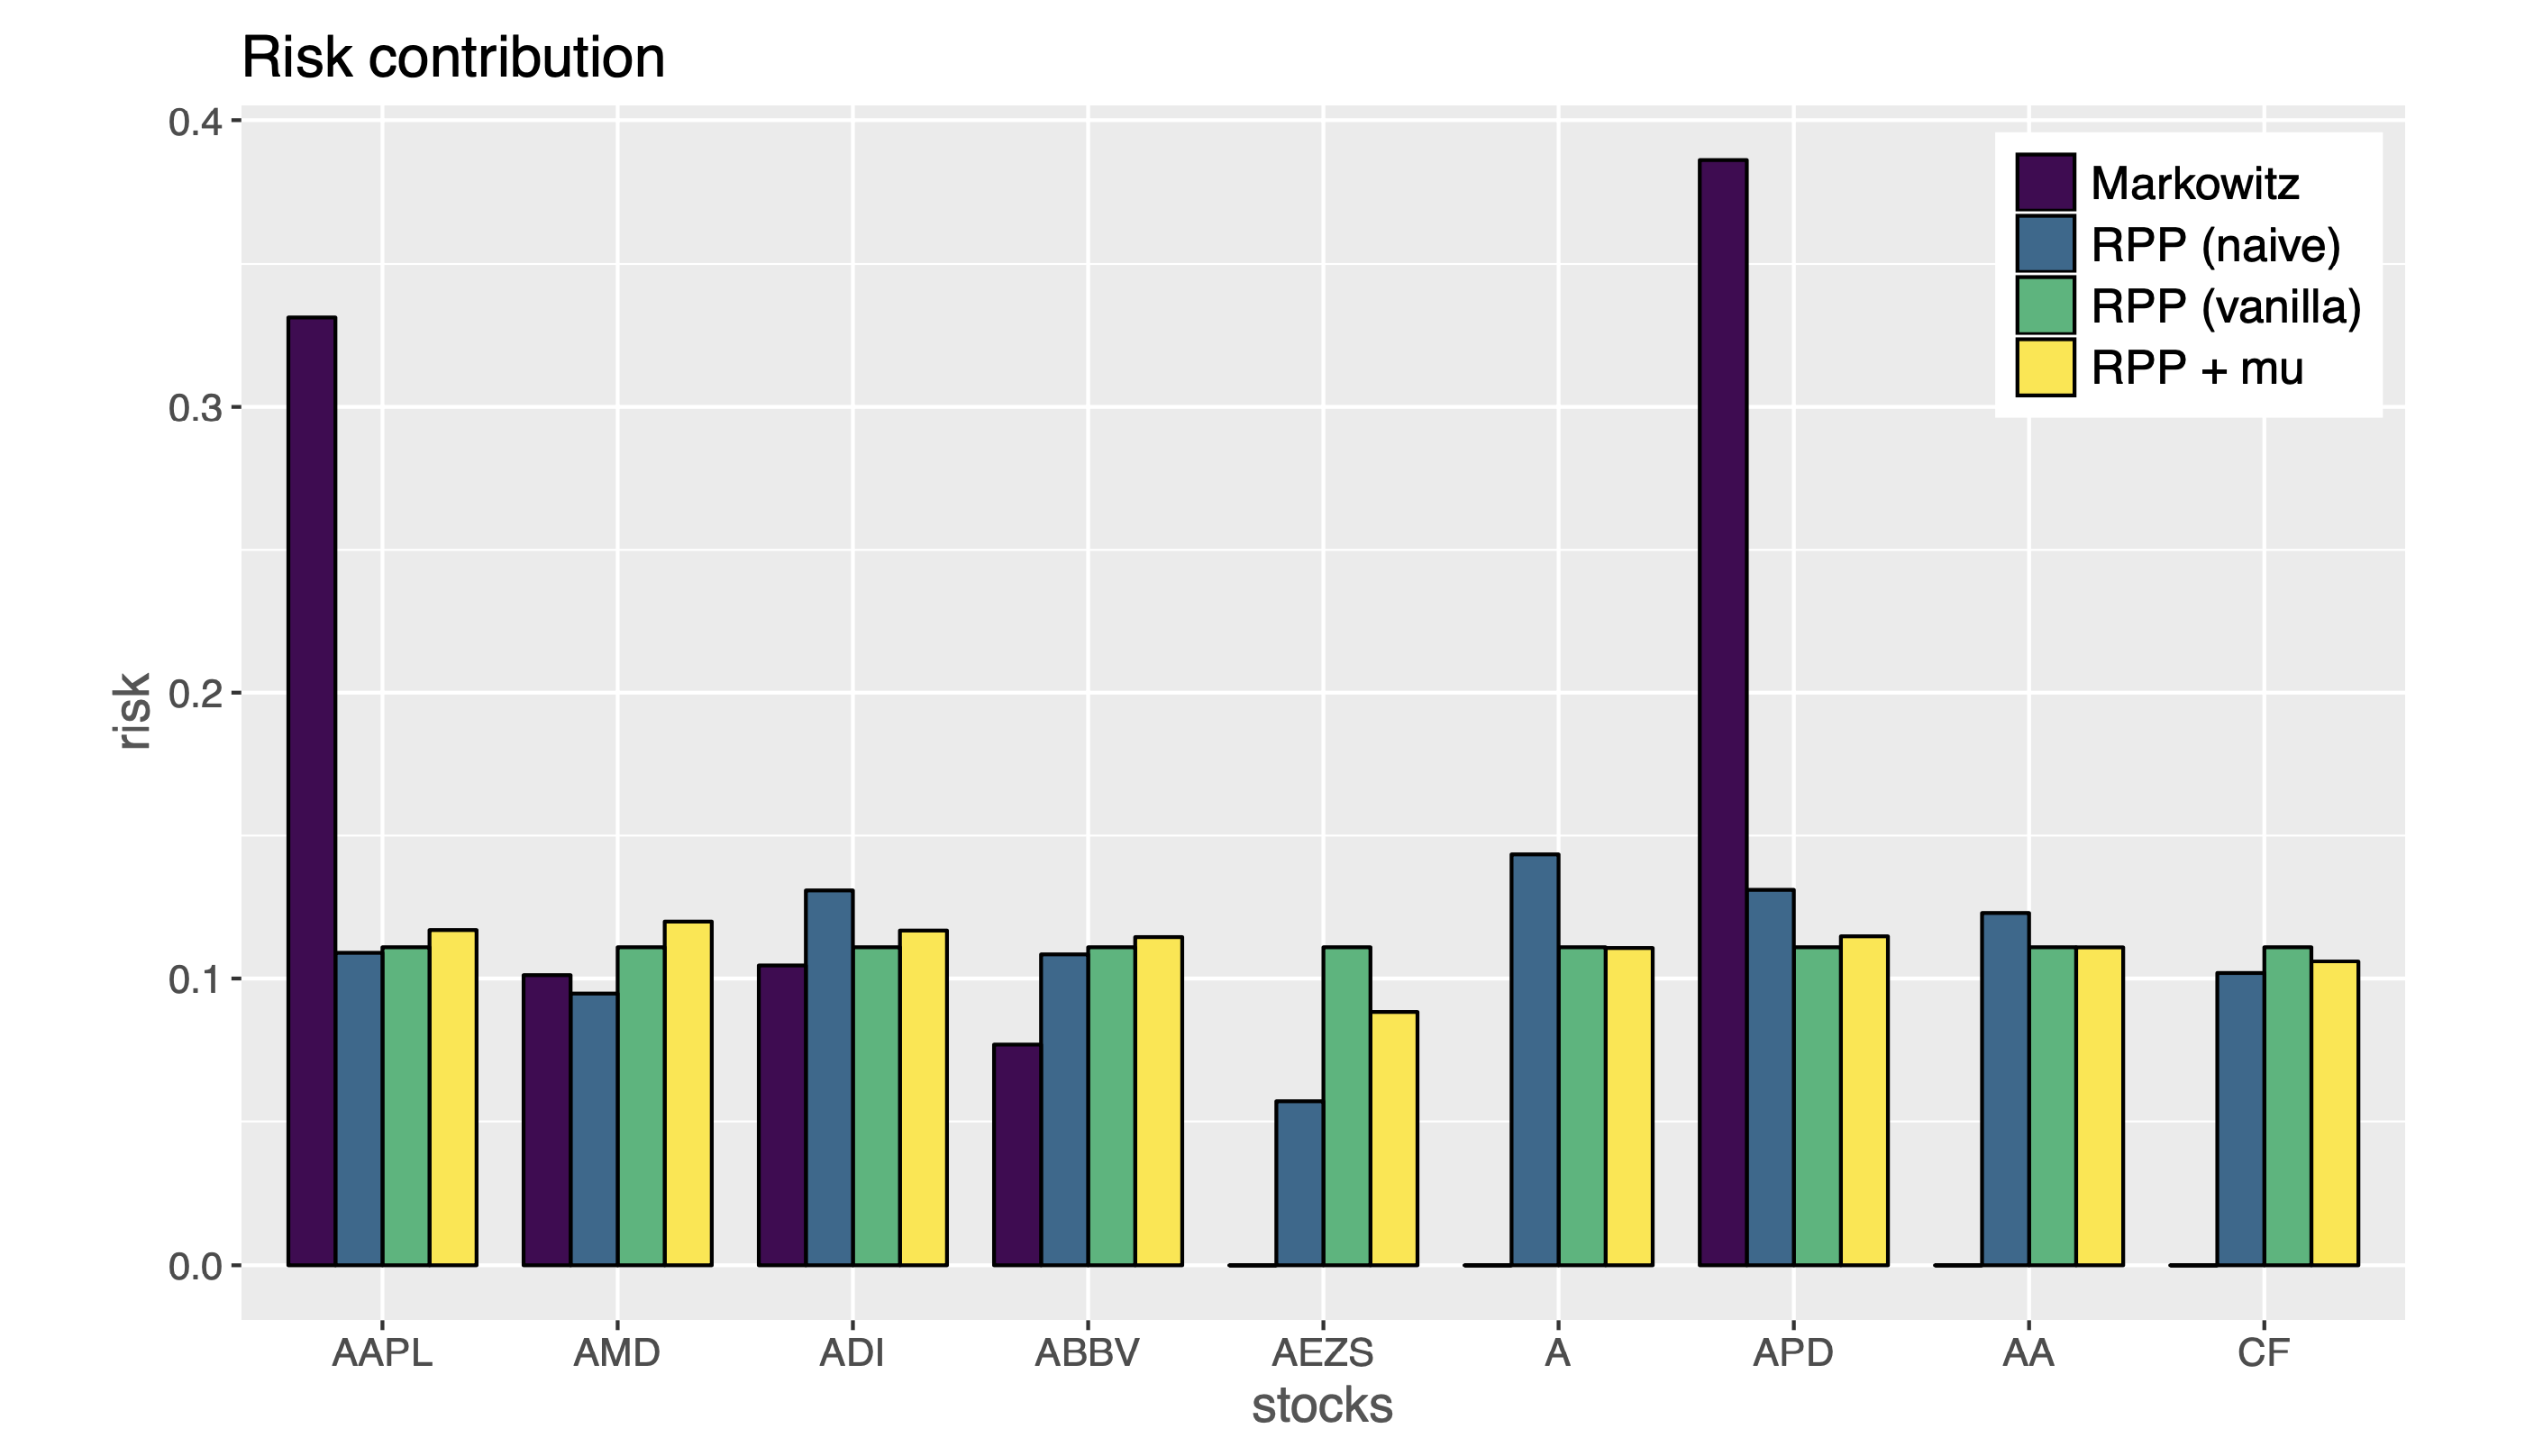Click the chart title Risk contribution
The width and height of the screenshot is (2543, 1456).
pos(453,58)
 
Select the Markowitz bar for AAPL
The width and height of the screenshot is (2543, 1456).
pos(311,790)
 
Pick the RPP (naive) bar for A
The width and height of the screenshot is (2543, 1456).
pos(1535,1060)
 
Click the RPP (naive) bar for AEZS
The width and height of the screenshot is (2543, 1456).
pos(1299,1183)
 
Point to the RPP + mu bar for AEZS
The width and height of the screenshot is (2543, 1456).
pos(1394,1139)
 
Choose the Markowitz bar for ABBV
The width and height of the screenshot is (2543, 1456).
pos(1017,1155)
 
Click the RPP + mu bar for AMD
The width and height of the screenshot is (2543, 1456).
pos(688,1093)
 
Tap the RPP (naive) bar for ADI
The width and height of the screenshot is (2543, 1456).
pos(829,1078)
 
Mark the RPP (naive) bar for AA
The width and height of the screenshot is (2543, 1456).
pos(2005,1089)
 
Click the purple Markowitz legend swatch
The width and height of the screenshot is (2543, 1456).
pos(2045,183)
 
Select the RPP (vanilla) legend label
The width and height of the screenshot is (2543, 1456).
pos(2226,307)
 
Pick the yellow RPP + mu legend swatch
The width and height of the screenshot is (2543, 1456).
pos(2045,368)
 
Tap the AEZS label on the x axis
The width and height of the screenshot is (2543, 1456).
pos(1322,1354)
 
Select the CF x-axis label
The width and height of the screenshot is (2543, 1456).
pos(2263,1354)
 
